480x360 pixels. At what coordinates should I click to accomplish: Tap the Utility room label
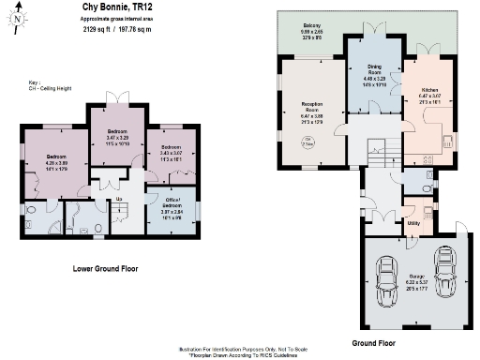(412, 224)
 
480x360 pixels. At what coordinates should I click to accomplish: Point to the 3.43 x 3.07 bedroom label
(171, 154)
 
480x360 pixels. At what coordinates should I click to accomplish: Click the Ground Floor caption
(370, 343)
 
